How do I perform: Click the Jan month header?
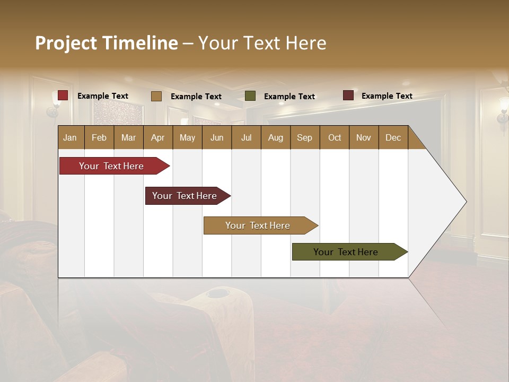tap(70, 137)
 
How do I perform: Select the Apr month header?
tap(157, 137)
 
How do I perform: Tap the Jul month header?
tap(246, 137)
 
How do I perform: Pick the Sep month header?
tap(304, 137)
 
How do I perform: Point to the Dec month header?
tap(393, 137)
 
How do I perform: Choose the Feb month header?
tap(99, 137)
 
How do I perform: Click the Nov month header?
tap(363, 137)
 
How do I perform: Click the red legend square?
tap(63, 95)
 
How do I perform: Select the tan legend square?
tap(156, 96)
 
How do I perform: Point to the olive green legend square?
tap(250, 96)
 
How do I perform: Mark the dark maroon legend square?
tap(348, 95)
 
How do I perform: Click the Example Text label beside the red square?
tap(103, 96)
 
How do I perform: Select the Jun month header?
tap(217, 137)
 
